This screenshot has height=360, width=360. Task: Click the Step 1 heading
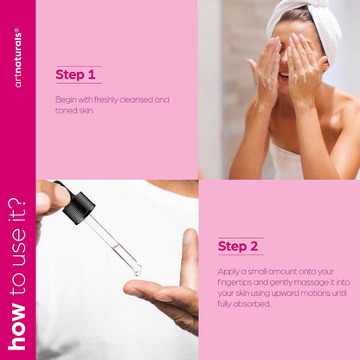point(75,74)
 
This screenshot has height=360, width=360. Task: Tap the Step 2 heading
point(238,246)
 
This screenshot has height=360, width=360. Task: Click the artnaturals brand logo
point(18,58)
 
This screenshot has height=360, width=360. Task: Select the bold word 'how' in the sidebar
point(18,326)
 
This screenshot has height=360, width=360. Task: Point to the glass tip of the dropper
point(137,270)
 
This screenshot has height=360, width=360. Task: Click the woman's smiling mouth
point(284,76)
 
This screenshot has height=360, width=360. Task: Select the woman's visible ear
point(325,64)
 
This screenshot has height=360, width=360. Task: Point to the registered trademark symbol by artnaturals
point(16,29)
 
